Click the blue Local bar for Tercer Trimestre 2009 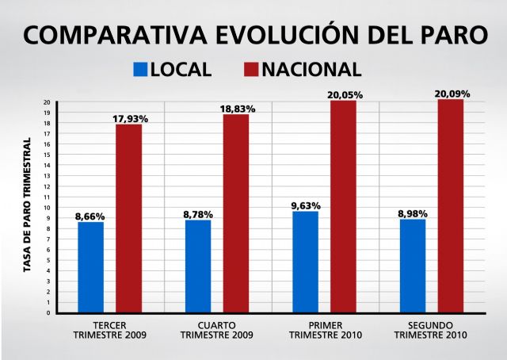click(x=90, y=266)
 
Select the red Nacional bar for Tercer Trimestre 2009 click(x=129, y=218)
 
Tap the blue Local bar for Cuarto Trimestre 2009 click(x=198, y=266)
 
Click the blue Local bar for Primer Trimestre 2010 click(x=305, y=262)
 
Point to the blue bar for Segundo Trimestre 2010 click(x=413, y=265)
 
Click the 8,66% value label click(x=90, y=216)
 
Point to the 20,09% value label click(x=452, y=94)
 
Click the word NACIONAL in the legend click(x=311, y=69)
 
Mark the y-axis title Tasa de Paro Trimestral click(x=27, y=205)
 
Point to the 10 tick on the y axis click(x=48, y=208)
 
